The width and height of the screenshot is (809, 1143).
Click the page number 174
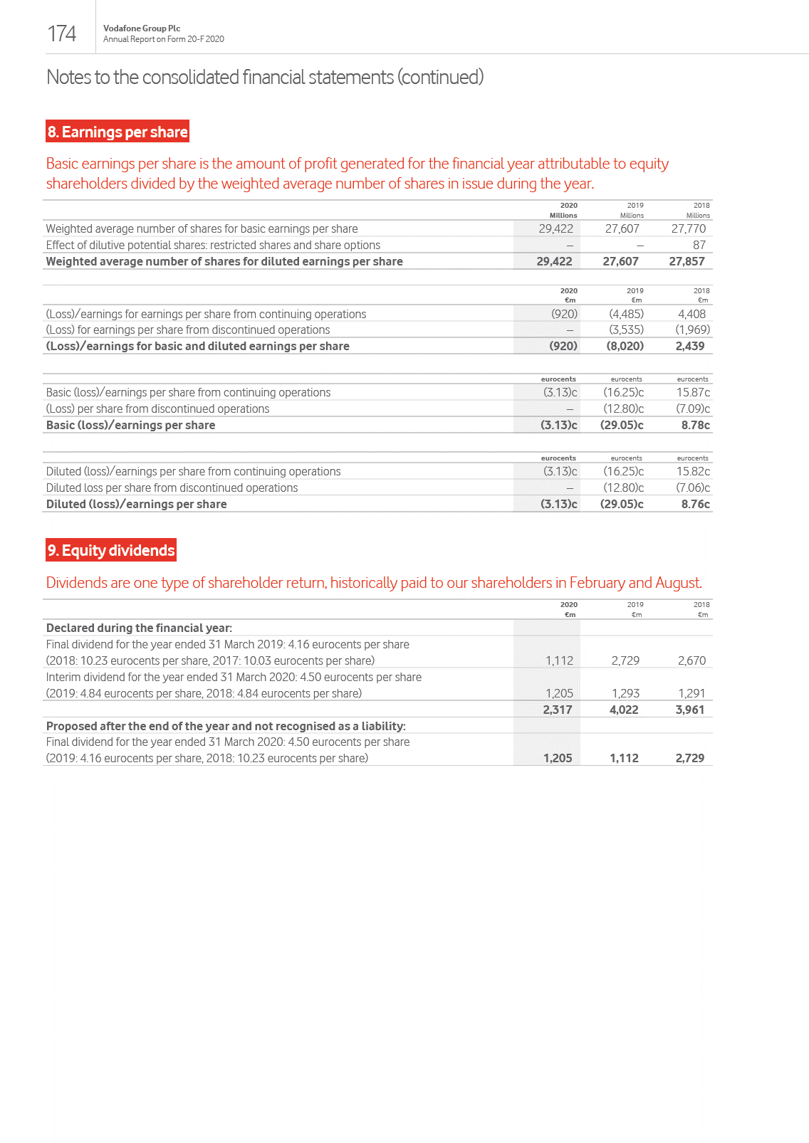(61, 33)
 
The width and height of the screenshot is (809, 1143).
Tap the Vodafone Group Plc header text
(142, 28)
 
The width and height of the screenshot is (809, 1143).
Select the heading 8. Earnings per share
(118, 132)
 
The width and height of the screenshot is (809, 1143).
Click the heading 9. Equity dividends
(111, 550)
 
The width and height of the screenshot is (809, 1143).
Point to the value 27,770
(689, 228)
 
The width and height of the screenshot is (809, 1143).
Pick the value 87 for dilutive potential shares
(699, 245)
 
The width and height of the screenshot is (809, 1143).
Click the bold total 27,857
(687, 261)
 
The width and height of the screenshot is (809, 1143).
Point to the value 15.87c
(693, 392)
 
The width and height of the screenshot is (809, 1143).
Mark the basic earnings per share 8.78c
(695, 425)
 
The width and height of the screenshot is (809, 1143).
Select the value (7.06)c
(693, 488)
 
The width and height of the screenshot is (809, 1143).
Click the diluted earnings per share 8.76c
(695, 504)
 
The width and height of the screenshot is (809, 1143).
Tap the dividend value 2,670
(691, 660)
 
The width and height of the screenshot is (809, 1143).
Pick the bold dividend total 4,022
(624, 710)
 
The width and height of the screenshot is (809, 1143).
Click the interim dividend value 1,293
(625, 693)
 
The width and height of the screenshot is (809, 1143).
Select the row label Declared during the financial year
(139, 628)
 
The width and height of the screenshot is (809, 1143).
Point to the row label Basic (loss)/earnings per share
(130, 425)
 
